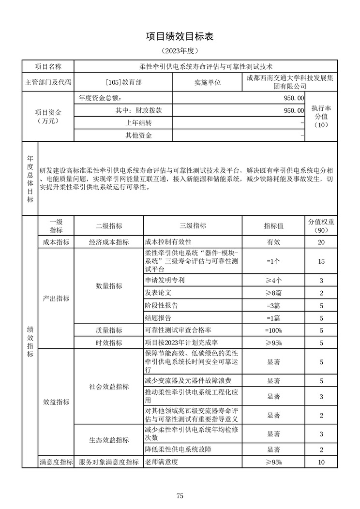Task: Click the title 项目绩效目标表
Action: point(180,37)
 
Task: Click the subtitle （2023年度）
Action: point(180,50)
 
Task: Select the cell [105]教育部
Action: point(124,82)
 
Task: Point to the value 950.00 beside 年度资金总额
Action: point(294,98)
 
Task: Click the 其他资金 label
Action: point(138,136)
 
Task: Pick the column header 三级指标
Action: point(193,226)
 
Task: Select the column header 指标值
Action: point(273,226)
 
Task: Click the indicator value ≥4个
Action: point(273,281)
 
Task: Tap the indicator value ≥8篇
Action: point(273,293)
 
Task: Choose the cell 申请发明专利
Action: point(165,281)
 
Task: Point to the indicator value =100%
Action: point(273,330)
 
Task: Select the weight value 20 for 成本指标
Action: point(321,242)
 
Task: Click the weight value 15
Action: point(321,262)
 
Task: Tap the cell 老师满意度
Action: point(162,462)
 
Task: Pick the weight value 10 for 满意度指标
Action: point(321,463)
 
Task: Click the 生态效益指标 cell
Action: point(109,440)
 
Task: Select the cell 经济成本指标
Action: point(109,242)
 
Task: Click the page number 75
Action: point(180,495)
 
